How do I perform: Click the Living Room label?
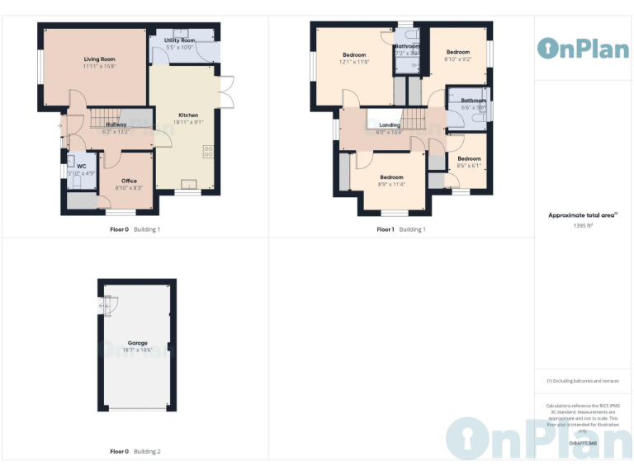pyautogui.click(x=98, y=59)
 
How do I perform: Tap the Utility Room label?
pyautogui.click(x=179, y=40)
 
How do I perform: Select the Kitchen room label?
pyautogui.click(x=188, y=115)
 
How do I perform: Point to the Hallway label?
pyautogui.click(x=116, y=125)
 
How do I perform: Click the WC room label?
pyautogui.click(x=82, y=166)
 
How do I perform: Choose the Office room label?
pyautogui.click(x=129, y=181)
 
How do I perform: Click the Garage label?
pyautogui.click(x=137, y=342)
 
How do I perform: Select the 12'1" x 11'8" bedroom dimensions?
pyautogui.click(x=353, y=62)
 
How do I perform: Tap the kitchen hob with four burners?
pyautogui.click(x=207, y=152)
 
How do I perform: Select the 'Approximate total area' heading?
pyautogui.click(x=583, y=215)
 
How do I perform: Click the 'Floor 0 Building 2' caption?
pyautogui.click(x=135, y=451)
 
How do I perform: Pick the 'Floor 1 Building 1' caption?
pyautogui.click(x=401, y=229)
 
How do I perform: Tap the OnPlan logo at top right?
pyautogui.click(x=583, y=48)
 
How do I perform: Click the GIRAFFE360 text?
pyautogui.click(x=583, y=442)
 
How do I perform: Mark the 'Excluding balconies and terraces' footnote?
pyautogui.click(x=583, y=381)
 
